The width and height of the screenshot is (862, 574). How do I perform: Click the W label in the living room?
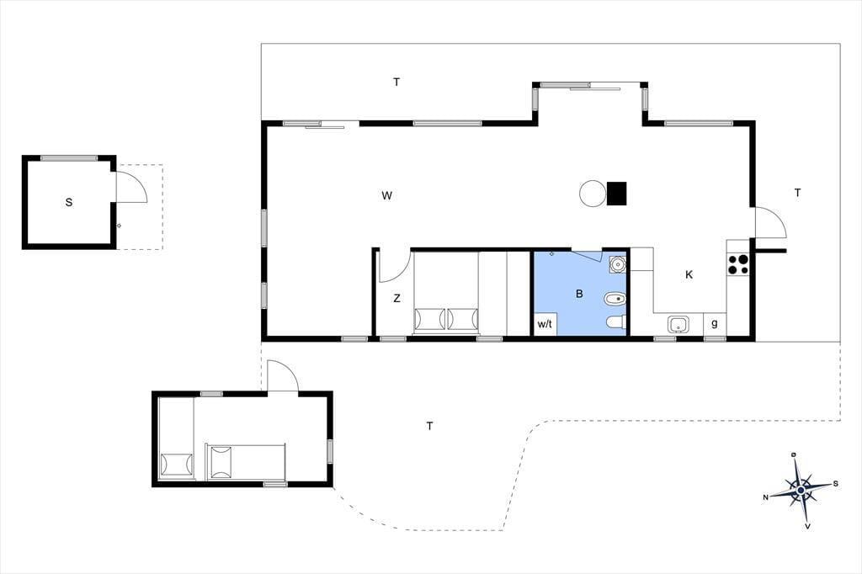(386, 195)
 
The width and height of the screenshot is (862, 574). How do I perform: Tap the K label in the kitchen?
(689, 275)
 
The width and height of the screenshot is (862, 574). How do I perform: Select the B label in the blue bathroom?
(579, 294)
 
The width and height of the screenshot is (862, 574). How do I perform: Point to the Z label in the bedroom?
(396, 298)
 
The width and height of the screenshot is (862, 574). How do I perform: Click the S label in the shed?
(69, 202)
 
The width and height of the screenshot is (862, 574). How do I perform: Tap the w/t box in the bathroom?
(545, 324)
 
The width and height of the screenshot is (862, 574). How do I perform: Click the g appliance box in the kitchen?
(715, 323)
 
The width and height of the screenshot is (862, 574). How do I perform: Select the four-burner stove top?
(737, 264)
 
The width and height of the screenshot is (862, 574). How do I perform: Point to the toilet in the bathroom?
(616, 322)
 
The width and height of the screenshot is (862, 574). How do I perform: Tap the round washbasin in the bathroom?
(618, 264)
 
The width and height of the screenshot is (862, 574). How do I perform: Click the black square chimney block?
(617, 193)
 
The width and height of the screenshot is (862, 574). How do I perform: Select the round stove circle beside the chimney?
(593, 194)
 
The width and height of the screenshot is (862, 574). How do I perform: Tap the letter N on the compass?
(765, 497)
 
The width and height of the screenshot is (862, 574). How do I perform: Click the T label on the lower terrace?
(429, 426)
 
